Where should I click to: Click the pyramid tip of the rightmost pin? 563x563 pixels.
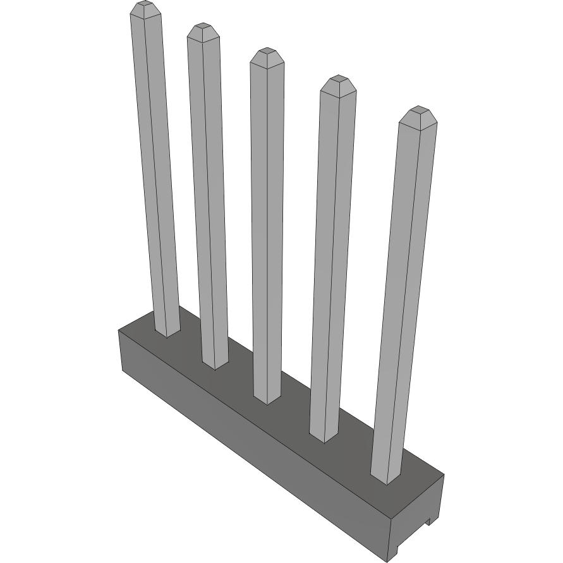pyautogui.click(x=418, y=112)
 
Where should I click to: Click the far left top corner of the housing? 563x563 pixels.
pyautogui.click(x=119, y=330)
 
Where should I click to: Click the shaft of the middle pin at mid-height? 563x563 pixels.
pyautogui.click(x=266, y=227)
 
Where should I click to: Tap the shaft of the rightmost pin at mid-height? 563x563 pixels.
pyautogui.click(x=403, y=297)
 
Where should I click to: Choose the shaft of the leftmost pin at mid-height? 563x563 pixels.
pyautogui.click(x=156, y=171)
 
